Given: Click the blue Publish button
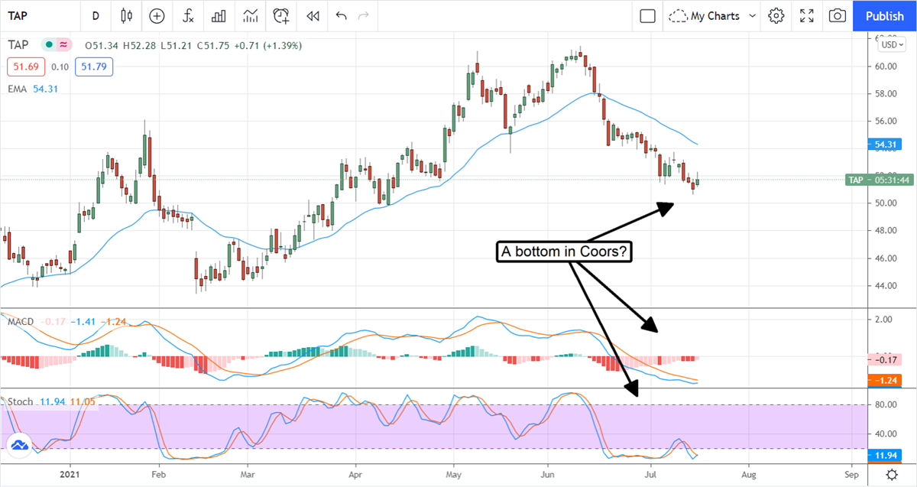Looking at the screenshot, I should click(884, 16).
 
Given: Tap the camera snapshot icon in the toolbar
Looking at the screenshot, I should click(838, 16).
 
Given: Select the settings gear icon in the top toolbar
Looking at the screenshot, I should click(776, 16).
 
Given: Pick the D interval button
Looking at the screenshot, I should click(96, 16).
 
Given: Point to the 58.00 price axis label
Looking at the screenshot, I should click(886, 94).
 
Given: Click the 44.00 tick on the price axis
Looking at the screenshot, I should click(886, 286).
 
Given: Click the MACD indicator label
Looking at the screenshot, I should click(20, 322).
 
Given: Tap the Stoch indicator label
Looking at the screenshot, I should click(20, 401).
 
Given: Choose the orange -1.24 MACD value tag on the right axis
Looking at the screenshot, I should click(886, 380).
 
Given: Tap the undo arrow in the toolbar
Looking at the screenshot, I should click(341, 16).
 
